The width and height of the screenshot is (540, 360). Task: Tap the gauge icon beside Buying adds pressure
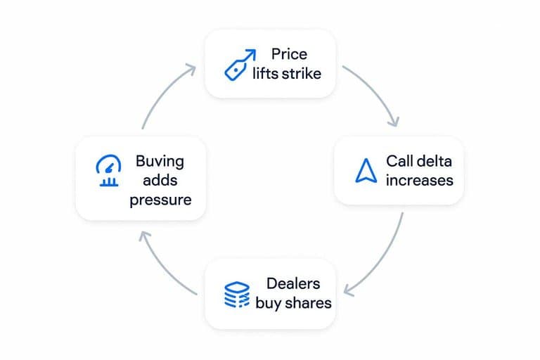[x=107, y=171]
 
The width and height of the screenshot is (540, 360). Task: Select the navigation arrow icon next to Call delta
[x=365, y=171]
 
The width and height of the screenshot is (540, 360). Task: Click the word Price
[x=289, y=54]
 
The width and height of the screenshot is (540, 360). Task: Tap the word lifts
[x=265, y=72]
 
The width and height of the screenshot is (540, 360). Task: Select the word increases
[x=419, y=180]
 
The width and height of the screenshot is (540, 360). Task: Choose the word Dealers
[x=293, y=284]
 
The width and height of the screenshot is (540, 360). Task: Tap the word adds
[x=160, y=180]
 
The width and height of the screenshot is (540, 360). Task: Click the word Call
[x=400, y=161]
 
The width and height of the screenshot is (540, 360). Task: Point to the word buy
[x=268, y=303]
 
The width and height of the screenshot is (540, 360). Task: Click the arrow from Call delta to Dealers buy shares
[x=383, y=260]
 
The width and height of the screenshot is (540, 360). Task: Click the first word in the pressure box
[x=160, y=161]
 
